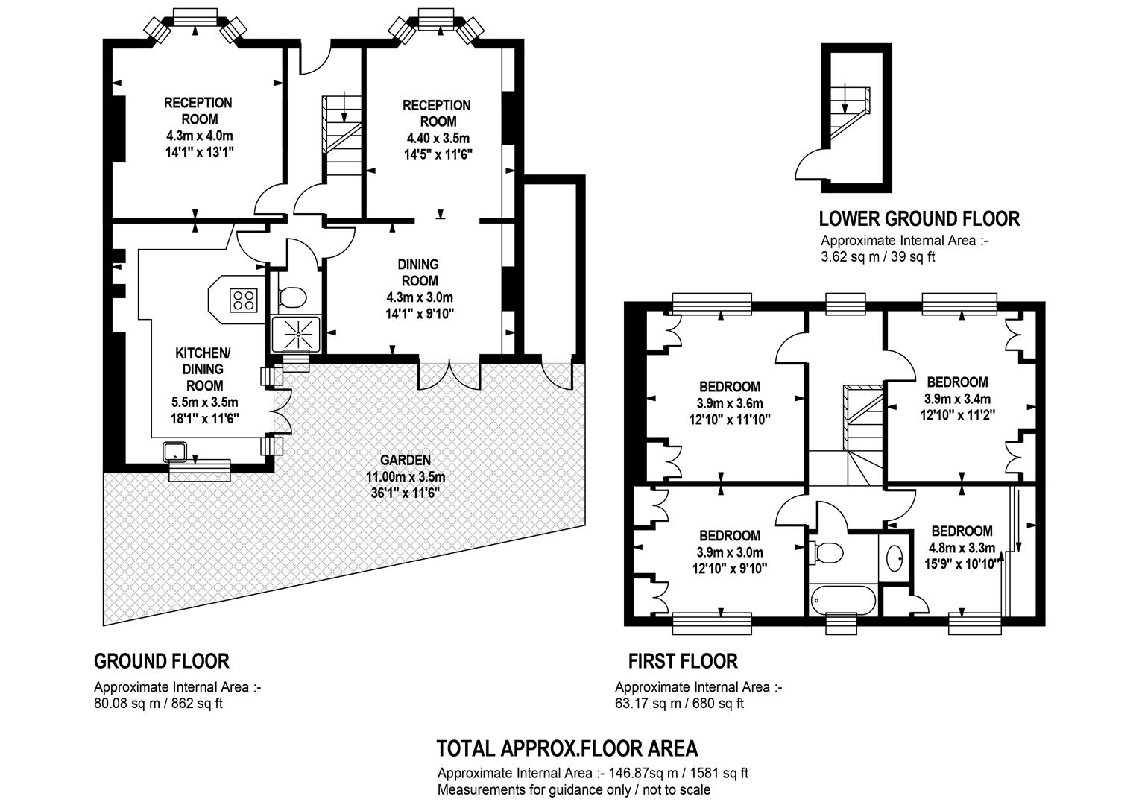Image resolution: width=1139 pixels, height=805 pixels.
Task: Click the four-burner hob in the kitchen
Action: [x=244, y=300]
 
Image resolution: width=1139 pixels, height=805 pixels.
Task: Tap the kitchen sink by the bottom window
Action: [x=175, y=452]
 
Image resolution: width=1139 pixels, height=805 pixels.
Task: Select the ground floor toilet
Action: [x=292, y=297]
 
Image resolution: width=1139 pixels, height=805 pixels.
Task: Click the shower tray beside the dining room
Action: [x=297, y=334]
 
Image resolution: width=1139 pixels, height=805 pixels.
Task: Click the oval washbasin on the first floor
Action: [x=895, y=559]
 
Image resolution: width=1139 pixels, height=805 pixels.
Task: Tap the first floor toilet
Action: [x=826, y=552]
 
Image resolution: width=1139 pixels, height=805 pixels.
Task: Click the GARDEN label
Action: [x=406, y=460]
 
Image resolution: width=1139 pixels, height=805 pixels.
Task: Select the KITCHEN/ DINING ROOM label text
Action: [x=203, y=369]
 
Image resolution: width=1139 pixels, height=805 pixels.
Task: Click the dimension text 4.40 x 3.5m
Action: [x=438, y=138]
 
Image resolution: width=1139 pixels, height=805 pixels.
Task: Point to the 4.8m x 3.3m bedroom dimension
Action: [x=962, y=548]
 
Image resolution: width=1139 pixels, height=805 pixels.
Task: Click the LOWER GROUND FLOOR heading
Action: [x=919, y=218]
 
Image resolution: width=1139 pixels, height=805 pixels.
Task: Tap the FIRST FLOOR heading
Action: [x=683, y=661]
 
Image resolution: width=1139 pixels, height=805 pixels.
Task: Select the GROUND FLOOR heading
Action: [x=162, y=661]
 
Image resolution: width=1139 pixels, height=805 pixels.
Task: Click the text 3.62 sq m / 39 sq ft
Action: [x=877, y=257]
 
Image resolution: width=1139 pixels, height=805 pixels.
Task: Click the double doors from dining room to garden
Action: [x=449, y=375]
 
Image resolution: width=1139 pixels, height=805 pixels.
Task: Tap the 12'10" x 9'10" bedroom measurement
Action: [x=730, y=568]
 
